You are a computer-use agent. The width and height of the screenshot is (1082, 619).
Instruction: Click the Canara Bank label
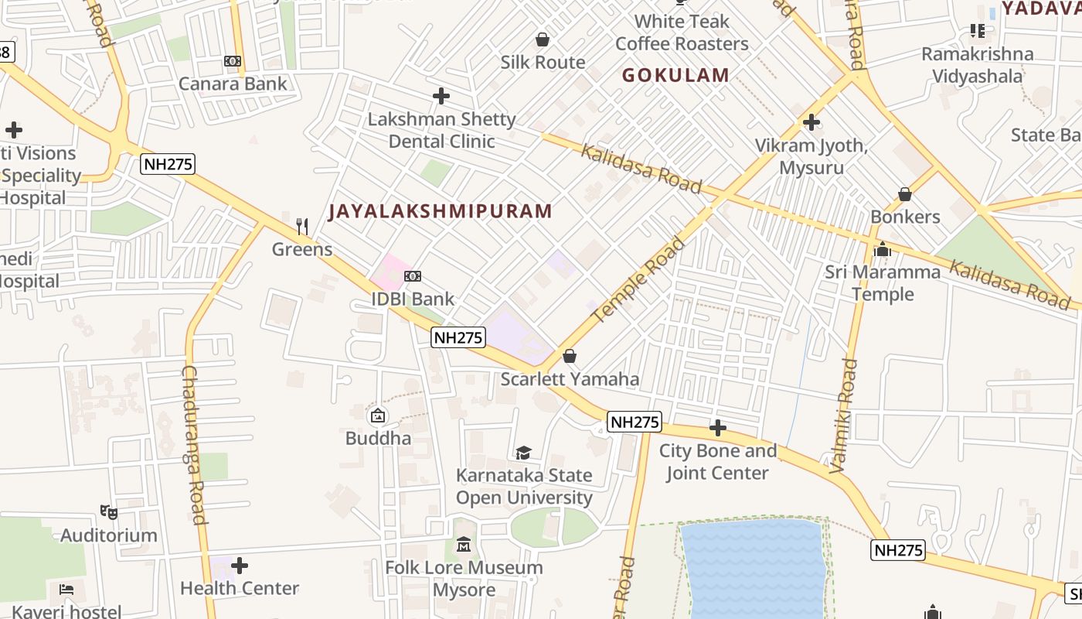[x=233, y=84]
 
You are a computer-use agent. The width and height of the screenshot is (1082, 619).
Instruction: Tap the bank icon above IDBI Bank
[x=413, y=276]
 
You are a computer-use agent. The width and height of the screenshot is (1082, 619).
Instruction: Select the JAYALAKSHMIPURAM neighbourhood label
[x=441, y=211]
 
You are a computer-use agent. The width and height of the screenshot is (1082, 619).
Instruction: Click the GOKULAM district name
[x=675, y=75]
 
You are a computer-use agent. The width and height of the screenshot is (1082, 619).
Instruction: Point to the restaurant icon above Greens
[x=302, y=227]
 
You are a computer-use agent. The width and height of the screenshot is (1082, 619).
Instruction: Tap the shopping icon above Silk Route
[x=543, y=39]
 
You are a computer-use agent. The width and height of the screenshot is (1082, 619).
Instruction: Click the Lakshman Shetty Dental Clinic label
[x=441, y=130]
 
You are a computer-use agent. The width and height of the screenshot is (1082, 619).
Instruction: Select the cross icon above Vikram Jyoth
[x=811, y=122]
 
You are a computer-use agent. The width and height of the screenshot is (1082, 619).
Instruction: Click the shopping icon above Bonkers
[x=904, y=194]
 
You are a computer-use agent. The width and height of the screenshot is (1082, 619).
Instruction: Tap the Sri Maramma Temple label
[x=883, y=282]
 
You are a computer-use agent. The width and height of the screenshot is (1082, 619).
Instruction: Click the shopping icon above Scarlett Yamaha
[x=570, y=356]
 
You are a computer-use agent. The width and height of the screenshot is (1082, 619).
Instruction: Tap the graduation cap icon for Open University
[x=523, y=453]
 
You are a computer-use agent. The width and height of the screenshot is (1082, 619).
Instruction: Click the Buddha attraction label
[x=378, y=438]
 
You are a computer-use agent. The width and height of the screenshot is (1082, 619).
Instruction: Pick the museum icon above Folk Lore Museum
[x=464, y=545]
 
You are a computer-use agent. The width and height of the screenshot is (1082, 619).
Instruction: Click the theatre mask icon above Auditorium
[x=109, y=512]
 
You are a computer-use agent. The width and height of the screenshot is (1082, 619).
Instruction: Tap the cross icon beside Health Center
[x=240, y=566]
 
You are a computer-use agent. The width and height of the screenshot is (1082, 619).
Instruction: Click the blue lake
[x=754, y=569]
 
